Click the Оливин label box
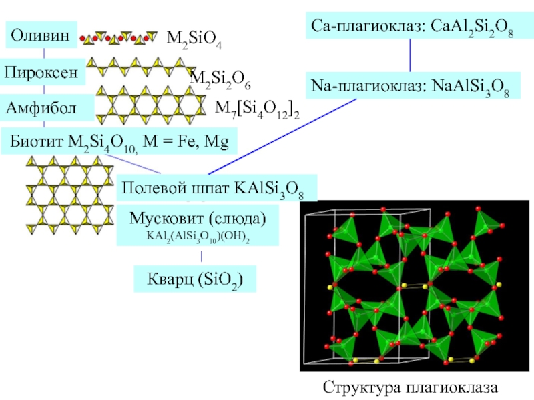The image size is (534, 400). point(41,35)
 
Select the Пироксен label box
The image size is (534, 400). point(42,72)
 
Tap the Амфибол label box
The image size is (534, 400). point(47,107)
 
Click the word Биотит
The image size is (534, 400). point(37,141)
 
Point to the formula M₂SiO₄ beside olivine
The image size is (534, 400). point(194,39)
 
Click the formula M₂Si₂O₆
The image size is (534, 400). point(220,79)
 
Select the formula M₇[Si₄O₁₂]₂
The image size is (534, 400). point(257,109)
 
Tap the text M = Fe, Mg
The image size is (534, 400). point(186,141)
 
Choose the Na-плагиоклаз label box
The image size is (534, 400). point(413,85)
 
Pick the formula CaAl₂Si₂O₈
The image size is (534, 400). point(472,27)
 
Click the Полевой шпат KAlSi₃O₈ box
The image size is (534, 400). point(217,188)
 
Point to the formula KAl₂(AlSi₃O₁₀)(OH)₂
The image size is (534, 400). point(198,237)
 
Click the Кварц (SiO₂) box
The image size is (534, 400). point(195,279)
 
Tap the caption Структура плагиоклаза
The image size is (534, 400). point(410,388)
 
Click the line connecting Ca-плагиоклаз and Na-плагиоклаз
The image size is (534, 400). point(410,55)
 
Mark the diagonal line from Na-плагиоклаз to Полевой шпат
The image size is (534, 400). point(282,137)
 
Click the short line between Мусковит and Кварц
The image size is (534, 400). point(202,257)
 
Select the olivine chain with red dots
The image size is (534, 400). point(119,38)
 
